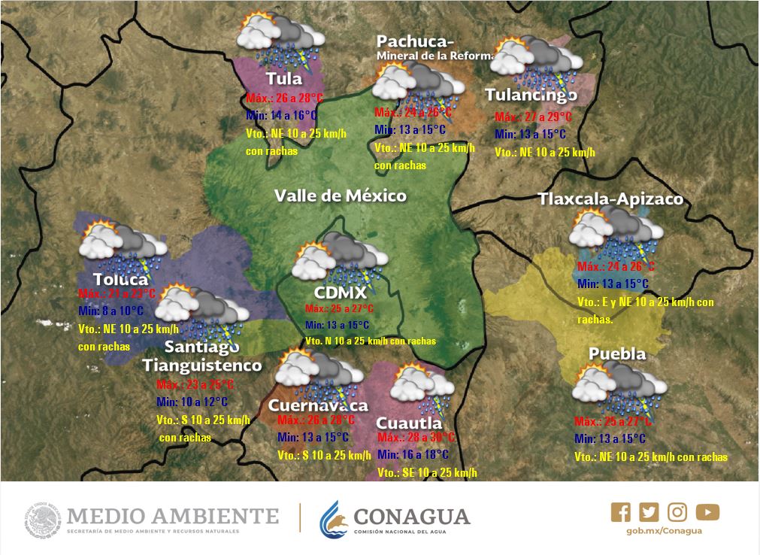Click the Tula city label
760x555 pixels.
284,79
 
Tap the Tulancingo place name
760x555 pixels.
531,95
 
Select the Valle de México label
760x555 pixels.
340,196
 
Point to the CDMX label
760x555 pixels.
341,293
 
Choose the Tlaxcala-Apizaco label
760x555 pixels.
610,199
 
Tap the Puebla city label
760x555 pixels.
617,353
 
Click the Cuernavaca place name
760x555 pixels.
317,405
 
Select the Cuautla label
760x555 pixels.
409,423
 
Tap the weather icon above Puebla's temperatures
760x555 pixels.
618,386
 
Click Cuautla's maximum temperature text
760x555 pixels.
416,438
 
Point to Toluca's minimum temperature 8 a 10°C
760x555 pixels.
111,311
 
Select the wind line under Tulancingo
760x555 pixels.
544,152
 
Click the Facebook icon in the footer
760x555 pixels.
621,512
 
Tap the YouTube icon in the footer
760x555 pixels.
707,512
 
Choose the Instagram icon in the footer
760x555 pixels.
677,512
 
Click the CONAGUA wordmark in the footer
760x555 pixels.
411,517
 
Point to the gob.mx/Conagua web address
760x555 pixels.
664,531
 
